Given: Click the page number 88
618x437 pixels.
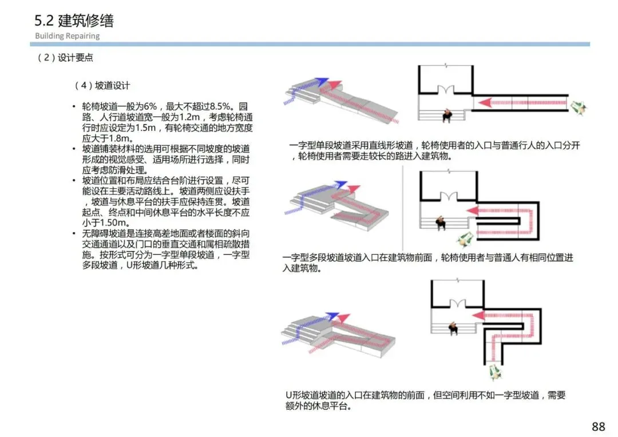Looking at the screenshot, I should click(598, 427).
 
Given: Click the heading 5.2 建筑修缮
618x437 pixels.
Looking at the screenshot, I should click(74, 21).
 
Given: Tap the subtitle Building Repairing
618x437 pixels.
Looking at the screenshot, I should click(67, 36).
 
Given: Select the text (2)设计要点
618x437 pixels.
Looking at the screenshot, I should click(65, 58).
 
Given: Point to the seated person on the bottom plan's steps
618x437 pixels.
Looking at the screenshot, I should click(453, 328).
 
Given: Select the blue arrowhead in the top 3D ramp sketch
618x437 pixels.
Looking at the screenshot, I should click(323, 81).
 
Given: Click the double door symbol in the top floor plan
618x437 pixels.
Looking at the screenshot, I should click(445, 90).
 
